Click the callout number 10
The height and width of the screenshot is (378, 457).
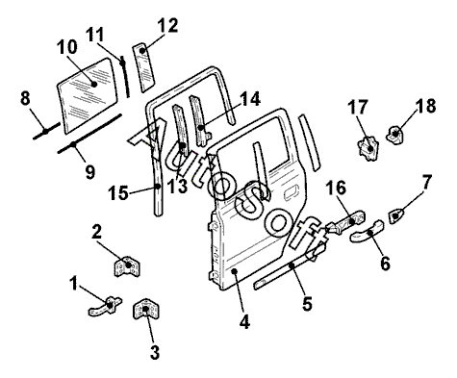(67, 47)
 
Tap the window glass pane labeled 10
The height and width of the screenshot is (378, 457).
(88, 95)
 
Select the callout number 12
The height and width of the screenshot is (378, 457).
(167, 26)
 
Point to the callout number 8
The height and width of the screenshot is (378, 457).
(25, 98)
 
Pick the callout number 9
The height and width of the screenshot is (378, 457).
(90, 171)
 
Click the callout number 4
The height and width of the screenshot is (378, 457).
(244, 321)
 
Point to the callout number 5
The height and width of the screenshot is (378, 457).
(307, 303)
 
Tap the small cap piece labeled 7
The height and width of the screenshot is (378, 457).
(396, 215)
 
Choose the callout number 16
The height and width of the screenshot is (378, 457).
(337, 188)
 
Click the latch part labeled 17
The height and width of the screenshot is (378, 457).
(368, 147)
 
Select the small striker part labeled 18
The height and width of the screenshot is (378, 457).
(395, 135)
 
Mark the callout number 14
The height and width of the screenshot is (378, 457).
(250, 99)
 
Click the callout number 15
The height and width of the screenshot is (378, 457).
(118, 193)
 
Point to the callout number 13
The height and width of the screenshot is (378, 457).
(177, 186)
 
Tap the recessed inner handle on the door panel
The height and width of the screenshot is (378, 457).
(292, 193)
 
